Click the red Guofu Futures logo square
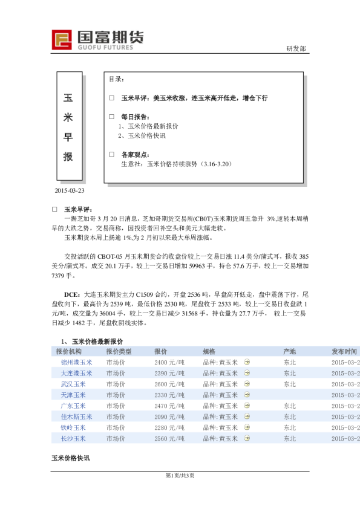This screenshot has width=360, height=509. point(62,39)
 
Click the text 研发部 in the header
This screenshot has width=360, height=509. point(295,48)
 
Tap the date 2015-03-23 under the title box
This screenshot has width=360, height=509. point(69,191)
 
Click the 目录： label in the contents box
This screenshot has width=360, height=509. point(116,79)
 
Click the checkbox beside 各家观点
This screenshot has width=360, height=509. point(111,154)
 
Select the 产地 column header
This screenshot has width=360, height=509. point(289,351)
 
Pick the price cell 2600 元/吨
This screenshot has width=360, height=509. point(169,384)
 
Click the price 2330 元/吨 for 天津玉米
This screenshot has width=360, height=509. point(169,395)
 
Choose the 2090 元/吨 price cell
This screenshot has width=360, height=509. point(169,417)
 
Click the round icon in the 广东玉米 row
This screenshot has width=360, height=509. point(246,406)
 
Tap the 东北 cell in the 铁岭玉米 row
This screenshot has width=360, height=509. point(289,427)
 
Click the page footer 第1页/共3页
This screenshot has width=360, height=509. point(180,476)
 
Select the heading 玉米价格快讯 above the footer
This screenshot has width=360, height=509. point(70,459)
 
